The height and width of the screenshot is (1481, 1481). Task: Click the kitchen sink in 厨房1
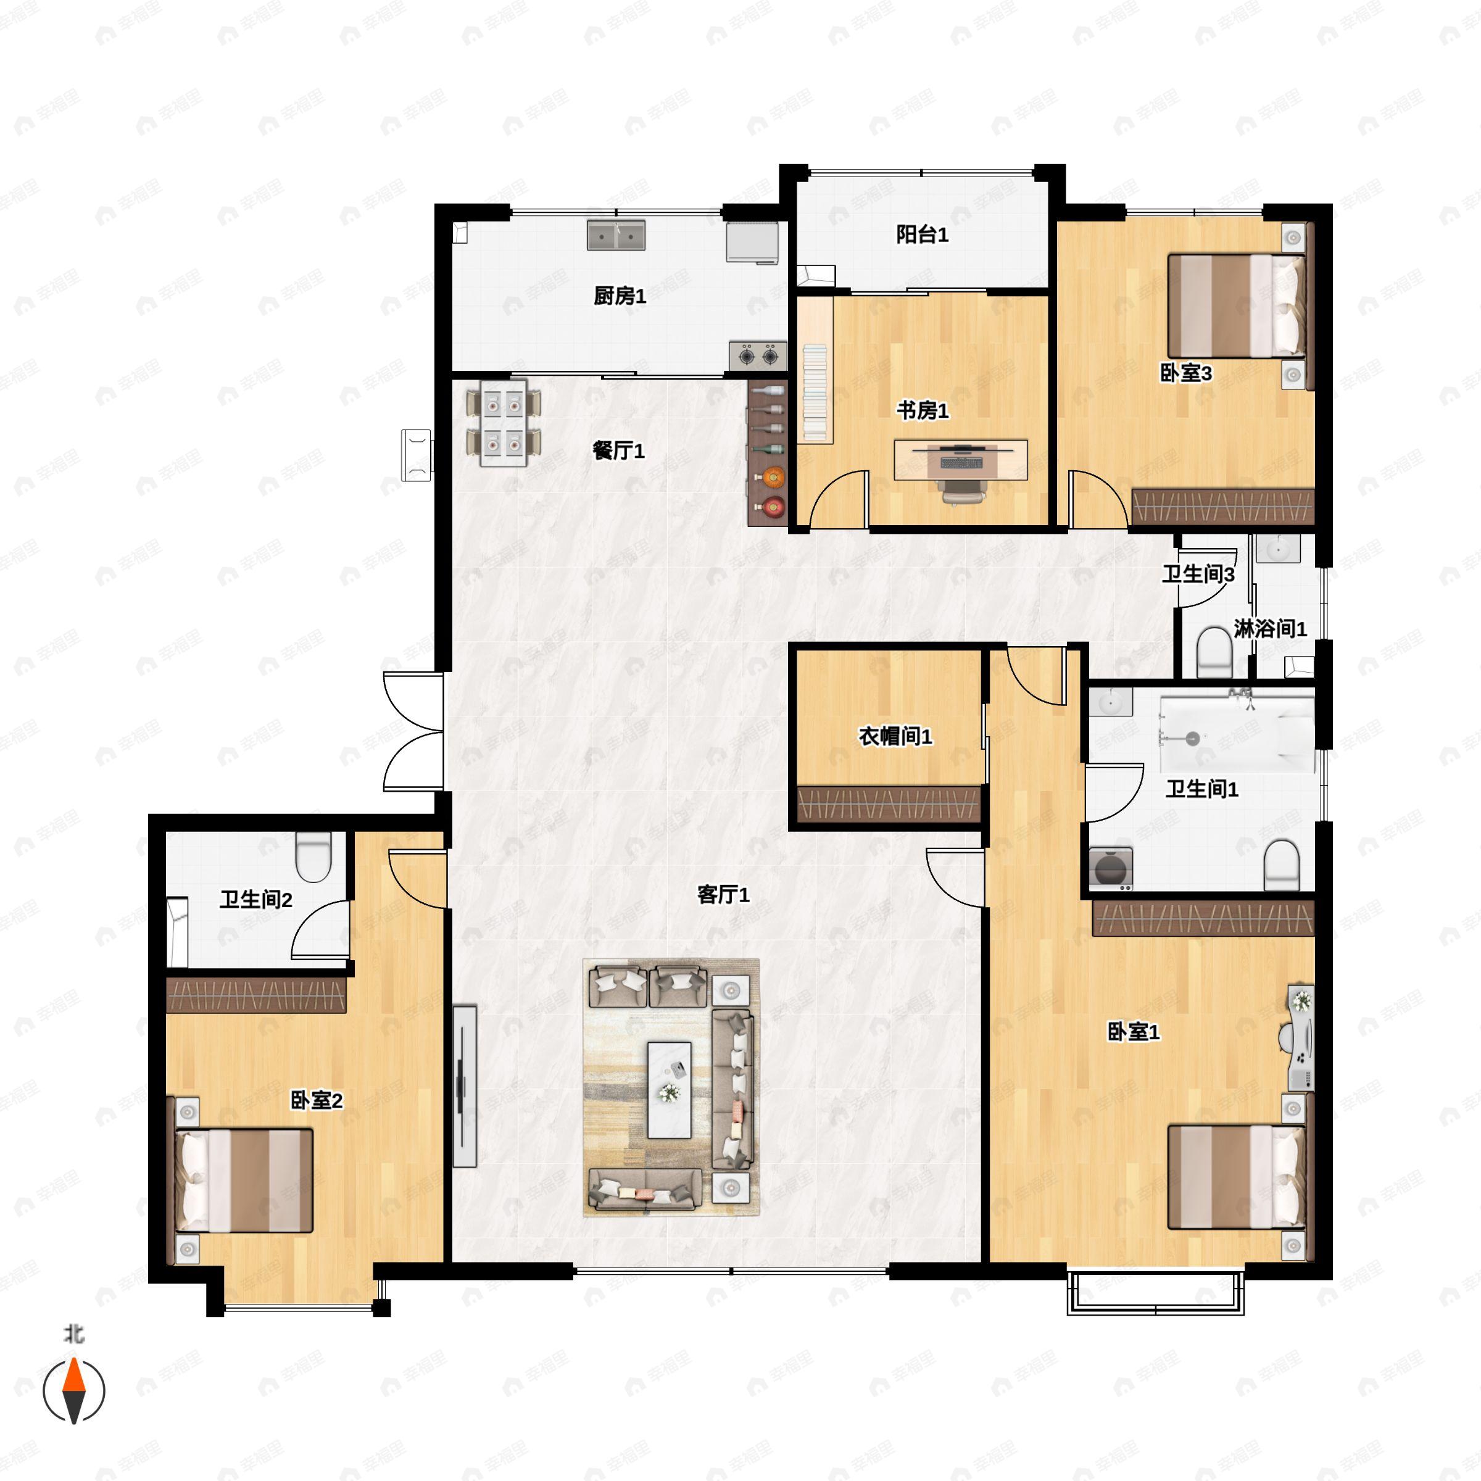616,235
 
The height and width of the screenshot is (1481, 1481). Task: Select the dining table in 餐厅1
503,423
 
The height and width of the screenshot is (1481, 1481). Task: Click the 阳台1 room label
922,234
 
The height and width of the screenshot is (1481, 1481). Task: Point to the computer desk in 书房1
961,460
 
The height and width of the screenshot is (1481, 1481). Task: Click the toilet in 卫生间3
1213,652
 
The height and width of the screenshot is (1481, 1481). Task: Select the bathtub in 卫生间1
1237,734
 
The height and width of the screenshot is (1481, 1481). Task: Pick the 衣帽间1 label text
895,737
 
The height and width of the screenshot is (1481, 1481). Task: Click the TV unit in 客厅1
465,1086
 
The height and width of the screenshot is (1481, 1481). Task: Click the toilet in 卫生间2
313,857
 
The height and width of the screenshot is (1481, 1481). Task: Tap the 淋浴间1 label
1270,629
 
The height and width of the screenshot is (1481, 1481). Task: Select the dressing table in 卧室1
1301,1038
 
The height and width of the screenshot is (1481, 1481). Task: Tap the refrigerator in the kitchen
753,243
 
